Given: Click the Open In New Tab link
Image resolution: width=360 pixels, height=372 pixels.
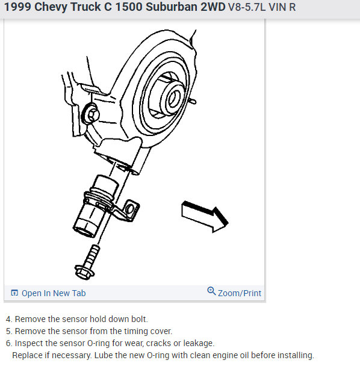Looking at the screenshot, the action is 54,293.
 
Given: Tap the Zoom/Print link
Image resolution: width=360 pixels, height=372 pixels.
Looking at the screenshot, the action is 240,293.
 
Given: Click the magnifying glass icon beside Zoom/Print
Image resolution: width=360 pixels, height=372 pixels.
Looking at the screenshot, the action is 211,291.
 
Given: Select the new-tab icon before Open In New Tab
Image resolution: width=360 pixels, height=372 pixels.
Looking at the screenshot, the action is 14,293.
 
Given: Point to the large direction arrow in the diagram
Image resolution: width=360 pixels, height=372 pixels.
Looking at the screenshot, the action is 205,216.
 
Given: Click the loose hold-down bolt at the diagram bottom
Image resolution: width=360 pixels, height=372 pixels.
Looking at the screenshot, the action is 87,262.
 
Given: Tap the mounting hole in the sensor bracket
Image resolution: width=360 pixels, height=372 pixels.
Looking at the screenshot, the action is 130,209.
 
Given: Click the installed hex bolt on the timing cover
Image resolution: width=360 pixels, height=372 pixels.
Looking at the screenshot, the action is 91,114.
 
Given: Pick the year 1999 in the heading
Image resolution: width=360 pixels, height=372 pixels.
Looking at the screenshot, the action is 18,7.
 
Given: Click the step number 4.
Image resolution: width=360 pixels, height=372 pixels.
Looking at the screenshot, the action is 9,320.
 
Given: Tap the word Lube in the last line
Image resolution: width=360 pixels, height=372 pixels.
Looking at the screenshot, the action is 102,355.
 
